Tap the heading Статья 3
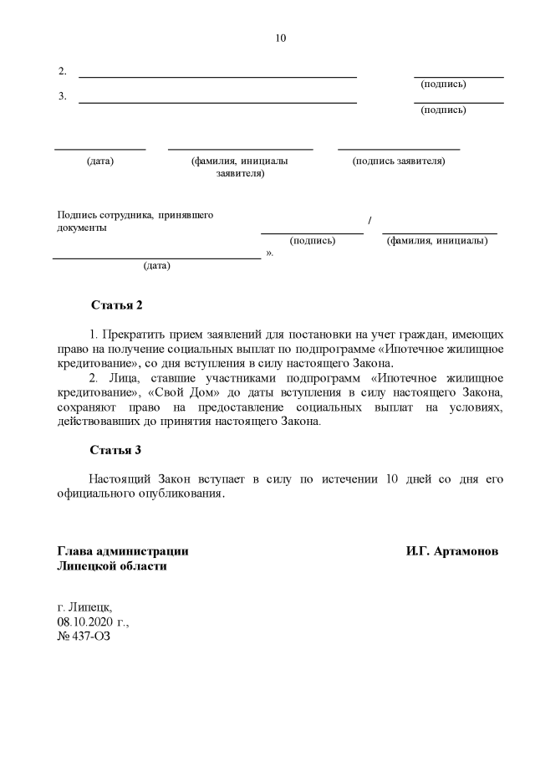pyautogui.click(x=116, y=450)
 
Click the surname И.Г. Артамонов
pyautogui.click(x=452, y=552)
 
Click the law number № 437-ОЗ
pyautogui.click(x=83, y=637)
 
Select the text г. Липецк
pyautogui.click(x=84, y=608)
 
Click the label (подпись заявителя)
pyautogui.click(x=399, y=161)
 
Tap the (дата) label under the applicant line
pyautogui.click(x=100, y=161)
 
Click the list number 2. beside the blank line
pyautogui.click(x=63, y=71)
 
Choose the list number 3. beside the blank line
pyautogui.click(x=63, y=96)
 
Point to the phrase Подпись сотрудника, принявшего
pyautogui.click(x=135, y=215)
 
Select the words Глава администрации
pyautogui.click(x=122, y=552)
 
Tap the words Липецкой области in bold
pyautogui.click(x=111, y=566)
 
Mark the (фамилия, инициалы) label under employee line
pyautogui.click(x=437, y=241)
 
